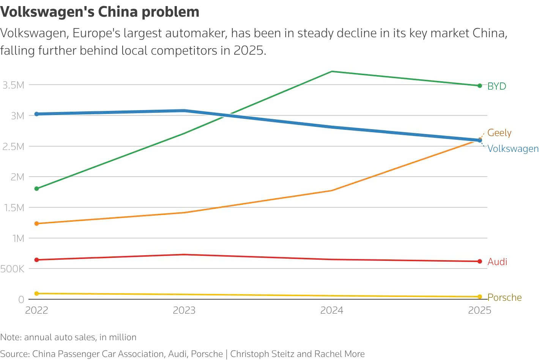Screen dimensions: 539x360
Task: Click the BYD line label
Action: point(496,86)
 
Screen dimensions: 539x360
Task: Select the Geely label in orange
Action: point(499,133)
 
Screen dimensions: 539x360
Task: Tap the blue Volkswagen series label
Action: point(513,148)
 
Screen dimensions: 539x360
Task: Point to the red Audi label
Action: point(497,262)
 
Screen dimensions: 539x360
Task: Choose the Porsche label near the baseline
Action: point(504,297)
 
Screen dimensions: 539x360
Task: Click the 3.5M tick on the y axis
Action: point(13,85)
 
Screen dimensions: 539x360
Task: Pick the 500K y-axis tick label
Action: point(12,269)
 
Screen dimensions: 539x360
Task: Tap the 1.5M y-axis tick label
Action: point(14,208)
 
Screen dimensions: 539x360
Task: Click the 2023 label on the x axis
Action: point(184,310)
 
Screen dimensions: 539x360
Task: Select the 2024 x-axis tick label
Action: point(332,310)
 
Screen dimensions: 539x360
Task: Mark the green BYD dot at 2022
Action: point(36,189)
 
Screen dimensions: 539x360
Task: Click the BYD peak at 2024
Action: point(332,71)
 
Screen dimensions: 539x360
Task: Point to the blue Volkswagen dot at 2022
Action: point(36,114)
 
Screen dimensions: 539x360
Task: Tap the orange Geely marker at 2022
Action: point(36,224)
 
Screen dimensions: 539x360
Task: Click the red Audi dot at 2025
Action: point(480,261)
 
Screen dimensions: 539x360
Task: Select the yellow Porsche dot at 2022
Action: point(36,294)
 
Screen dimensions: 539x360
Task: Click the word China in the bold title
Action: point(118,11)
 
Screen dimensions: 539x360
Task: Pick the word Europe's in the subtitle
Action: point(96,33)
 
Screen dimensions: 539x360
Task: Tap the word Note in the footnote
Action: point(11,337)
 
